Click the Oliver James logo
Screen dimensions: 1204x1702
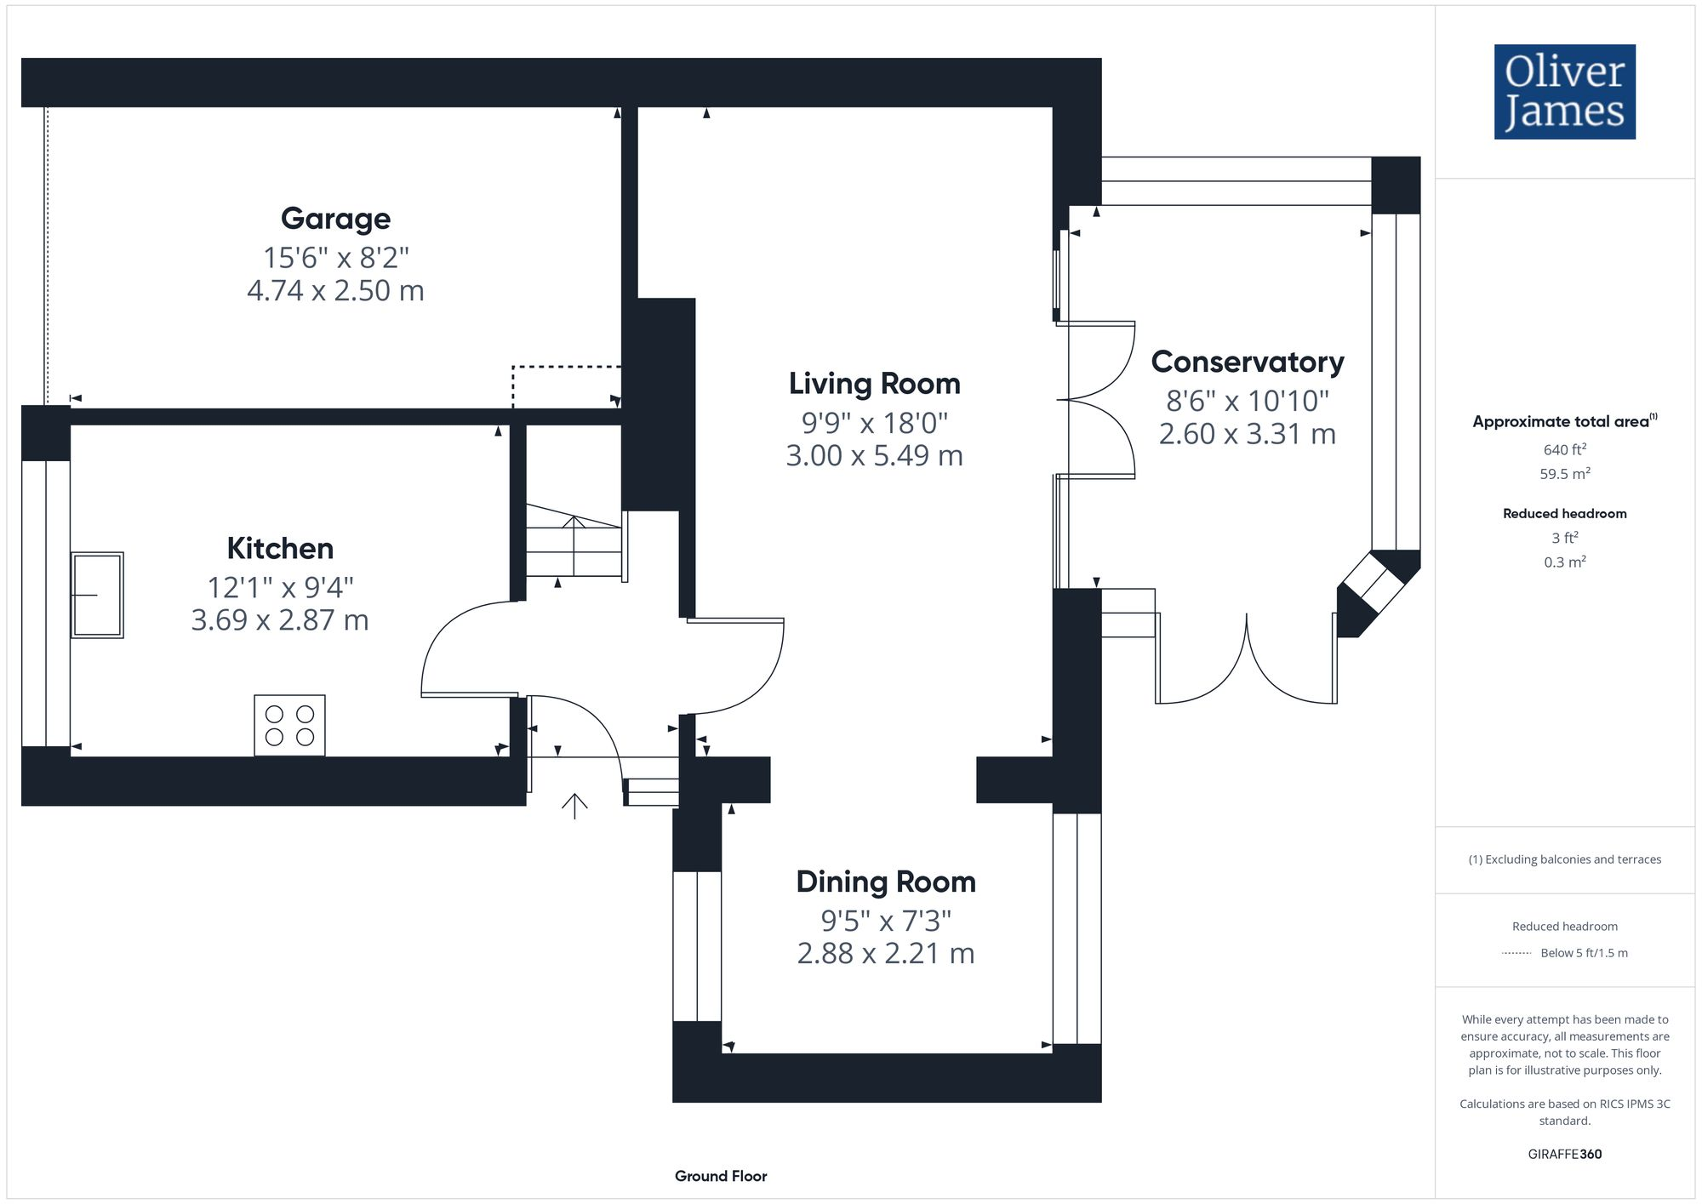pos(1564,92)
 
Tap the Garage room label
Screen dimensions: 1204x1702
pos(335,219)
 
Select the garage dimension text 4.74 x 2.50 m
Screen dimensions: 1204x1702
pos(335,291)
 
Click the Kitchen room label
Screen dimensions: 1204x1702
pos(280,549)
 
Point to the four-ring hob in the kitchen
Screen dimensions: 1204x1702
pos(289,725)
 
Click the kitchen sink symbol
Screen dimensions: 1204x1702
pos(97,595)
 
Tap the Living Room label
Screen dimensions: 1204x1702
pos(874,384)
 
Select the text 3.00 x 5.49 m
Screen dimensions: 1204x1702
pos(874,456)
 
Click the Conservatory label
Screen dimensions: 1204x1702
pos(1247,362)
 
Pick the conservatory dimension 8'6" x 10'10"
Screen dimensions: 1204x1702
pos(1247,400)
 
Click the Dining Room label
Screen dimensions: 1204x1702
pos(885,882)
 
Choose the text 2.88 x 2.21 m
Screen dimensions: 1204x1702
pos(885,954)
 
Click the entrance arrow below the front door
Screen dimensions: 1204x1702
pos(574,805)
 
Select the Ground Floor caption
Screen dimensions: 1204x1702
pos(721,1176)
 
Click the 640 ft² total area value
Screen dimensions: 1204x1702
pos(1564,449)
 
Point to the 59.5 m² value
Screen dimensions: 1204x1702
pos(1564,474)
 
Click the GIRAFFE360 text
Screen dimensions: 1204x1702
pos(1564,1155)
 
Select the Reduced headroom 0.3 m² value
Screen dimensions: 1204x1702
pos(1564,562)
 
